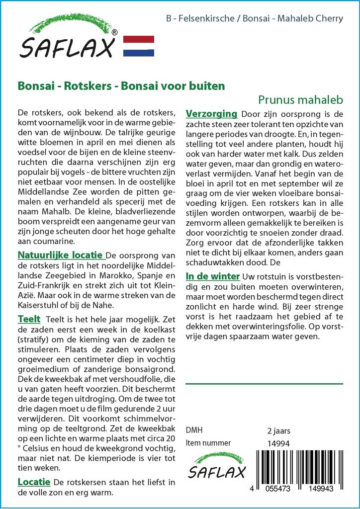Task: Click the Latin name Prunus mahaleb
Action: pyautogui.click(x=300, y=99)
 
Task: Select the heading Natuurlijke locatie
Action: pyautogui.click(x=61, y=255)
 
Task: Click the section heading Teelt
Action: pyautogui.click(x=29, y=319)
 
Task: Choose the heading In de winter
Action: pyautogui.click(x=213, y=276)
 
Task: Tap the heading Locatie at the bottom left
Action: pyautogui.click(x=34, y=482)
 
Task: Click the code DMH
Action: pyautogui.click(x=194, y=430)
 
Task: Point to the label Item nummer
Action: pyautogui.click(x=208, y=443)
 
